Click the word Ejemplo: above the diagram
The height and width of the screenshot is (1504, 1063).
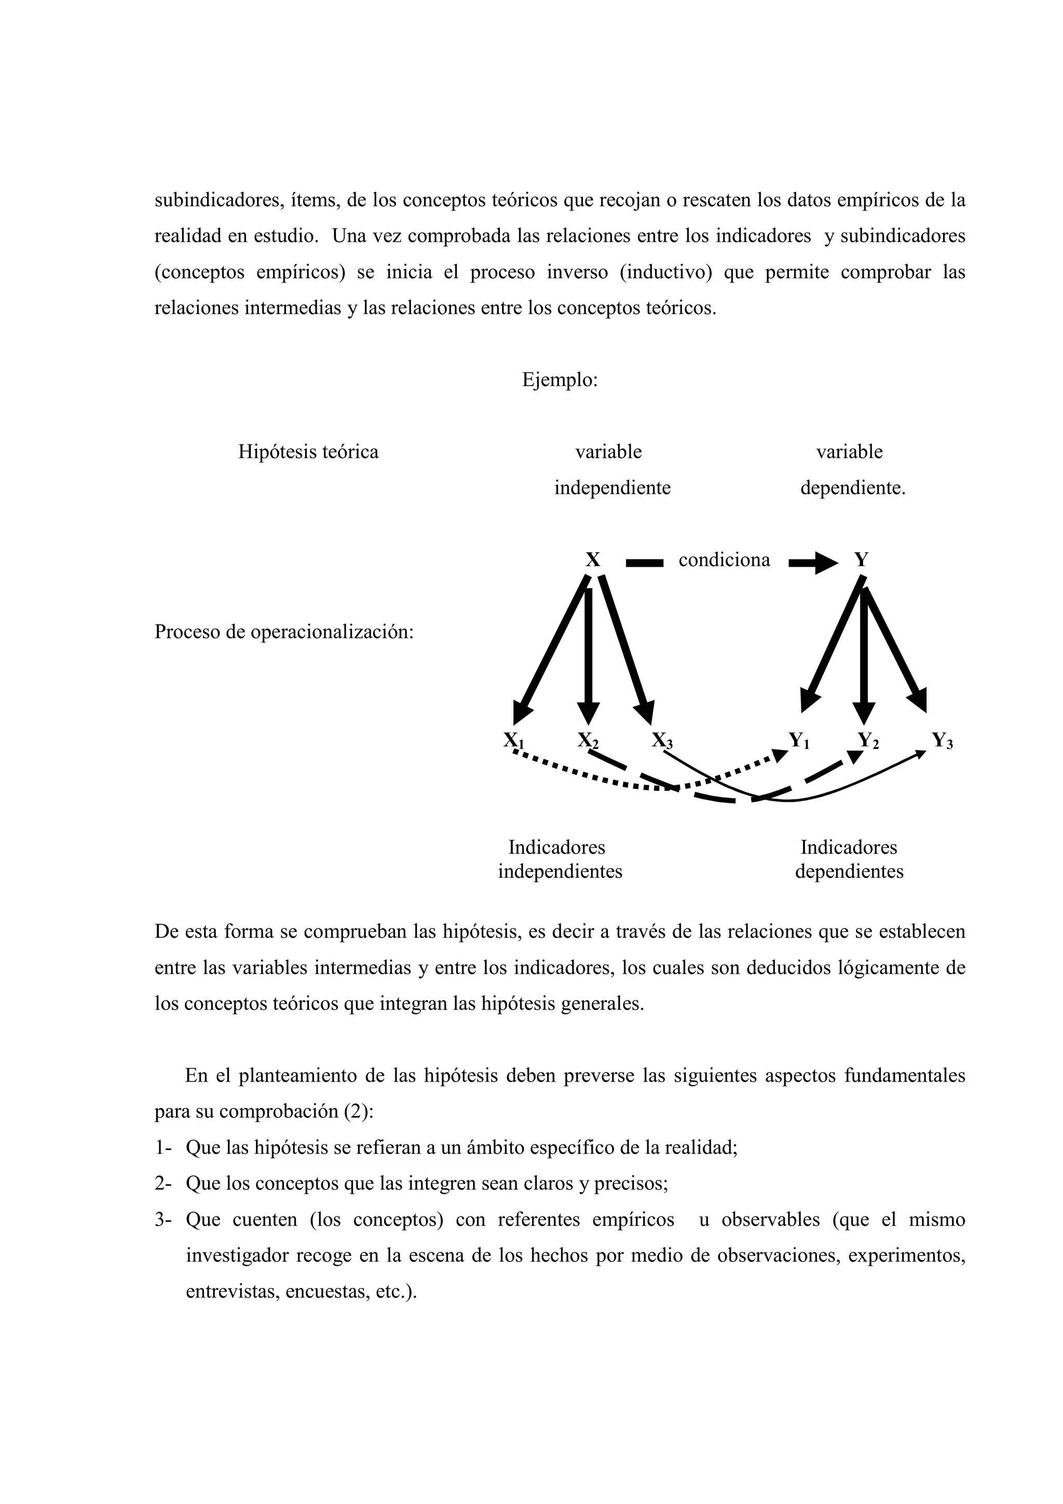click(560, 380)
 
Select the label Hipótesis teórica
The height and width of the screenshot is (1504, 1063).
click(308, 452)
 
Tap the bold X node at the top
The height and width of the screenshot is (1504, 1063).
click(592, 560)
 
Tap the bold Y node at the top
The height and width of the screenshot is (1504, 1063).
click(861, 560)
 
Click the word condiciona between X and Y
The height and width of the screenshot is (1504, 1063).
click(725, 560)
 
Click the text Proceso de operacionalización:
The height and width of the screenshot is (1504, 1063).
click(283, 632)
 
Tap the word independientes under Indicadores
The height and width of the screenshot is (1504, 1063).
click(560, 872)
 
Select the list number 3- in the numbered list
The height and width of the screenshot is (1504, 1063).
click(162, 1220)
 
